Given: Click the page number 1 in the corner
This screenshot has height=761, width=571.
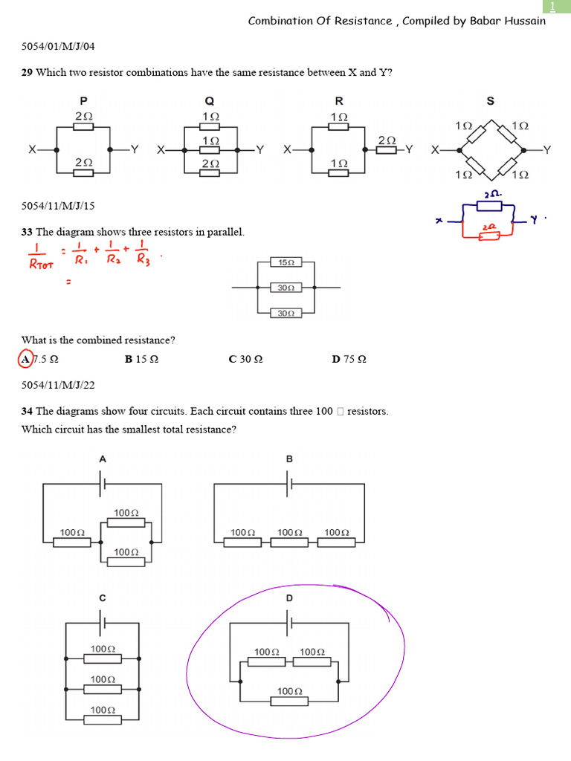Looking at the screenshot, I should pos(552,7).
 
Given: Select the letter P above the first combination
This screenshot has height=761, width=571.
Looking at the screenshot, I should pos(83,101).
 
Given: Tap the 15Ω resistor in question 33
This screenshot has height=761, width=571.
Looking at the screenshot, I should pos(286,263).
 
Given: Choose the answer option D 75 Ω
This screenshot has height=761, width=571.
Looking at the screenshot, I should pos(349,360).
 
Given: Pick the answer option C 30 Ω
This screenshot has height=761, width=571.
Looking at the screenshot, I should pos(245,360).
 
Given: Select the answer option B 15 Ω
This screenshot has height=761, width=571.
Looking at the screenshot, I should pos(141,360).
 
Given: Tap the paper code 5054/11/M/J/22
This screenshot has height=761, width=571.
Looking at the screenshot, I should pos(58,385).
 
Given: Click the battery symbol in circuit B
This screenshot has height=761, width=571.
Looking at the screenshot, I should pos(289,484).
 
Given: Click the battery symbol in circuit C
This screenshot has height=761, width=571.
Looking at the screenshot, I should pos(103,621).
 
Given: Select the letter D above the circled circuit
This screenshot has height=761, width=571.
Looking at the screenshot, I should pos(289,598).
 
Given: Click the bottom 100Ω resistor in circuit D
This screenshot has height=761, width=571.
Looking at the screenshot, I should pos(289,701).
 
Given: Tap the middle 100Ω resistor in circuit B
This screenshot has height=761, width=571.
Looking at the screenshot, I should pos(289,543).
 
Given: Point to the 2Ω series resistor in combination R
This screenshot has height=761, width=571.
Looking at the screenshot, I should pos(387,150).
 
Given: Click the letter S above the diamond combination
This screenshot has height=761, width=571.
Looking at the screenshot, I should pos(491,101).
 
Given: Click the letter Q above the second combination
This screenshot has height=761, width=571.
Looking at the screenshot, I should pos(210,101).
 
